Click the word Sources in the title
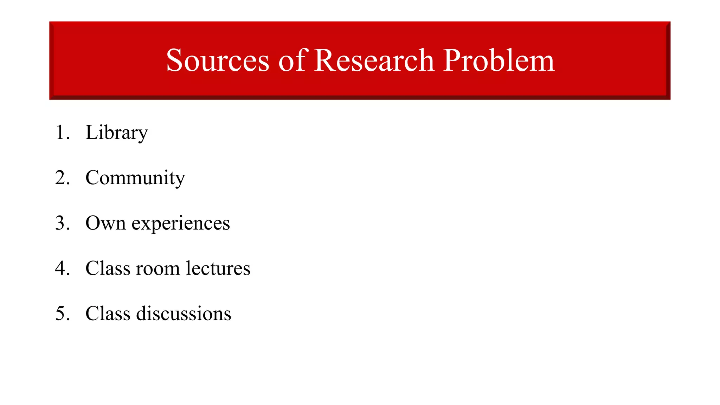[218, 60]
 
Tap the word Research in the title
[374, 60]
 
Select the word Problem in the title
[499, 60]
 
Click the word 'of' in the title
[293, 60]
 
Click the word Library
[117, 133]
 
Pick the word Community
[135, 178]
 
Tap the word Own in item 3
[105, 223]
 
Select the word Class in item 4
[108, 269]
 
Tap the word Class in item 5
[108, 314]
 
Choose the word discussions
[184, 314]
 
